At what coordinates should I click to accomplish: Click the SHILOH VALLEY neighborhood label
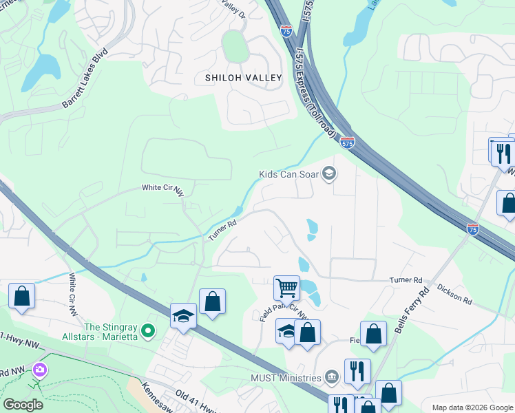244,78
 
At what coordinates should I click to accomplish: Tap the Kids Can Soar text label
288,174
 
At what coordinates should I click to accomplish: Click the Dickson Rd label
454,297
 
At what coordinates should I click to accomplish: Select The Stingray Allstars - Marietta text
112,332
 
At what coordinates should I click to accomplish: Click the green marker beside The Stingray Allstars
147,332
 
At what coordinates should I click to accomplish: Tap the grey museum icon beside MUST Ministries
331,377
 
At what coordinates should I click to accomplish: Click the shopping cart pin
286,286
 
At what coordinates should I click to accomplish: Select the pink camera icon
40,370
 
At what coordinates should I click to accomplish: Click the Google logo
23,405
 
